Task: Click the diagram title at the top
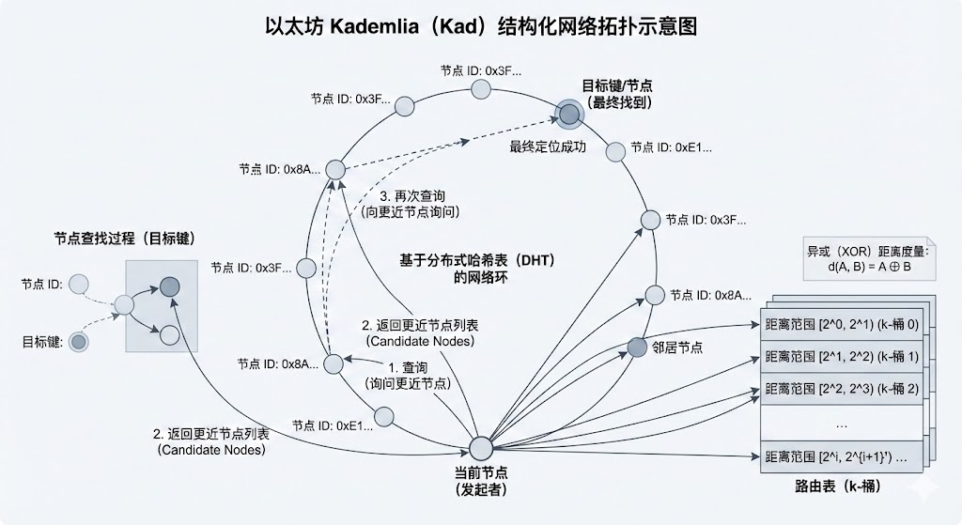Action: point(481,25)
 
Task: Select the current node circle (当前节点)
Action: point(482,448)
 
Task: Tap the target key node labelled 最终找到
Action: point(568,115)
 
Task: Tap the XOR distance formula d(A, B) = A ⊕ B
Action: point(863,267)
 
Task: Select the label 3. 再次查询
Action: point(412,197)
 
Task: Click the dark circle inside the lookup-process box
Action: point(169,286)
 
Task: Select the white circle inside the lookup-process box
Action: point(169,333)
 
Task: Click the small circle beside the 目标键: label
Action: point(79,342)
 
